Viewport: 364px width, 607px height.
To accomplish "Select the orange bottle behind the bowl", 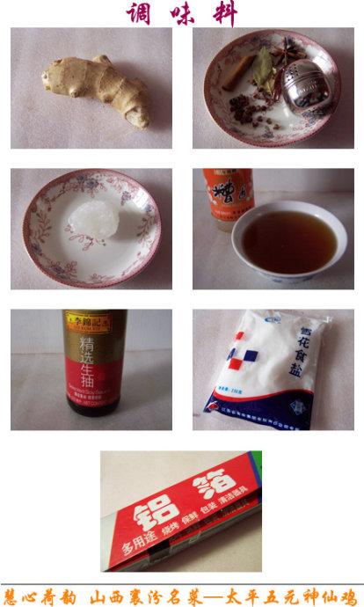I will tap(228, 198).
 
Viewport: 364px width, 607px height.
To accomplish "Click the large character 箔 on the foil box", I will tap(219, 486).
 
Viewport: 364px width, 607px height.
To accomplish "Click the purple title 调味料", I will tap(182, 13).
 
